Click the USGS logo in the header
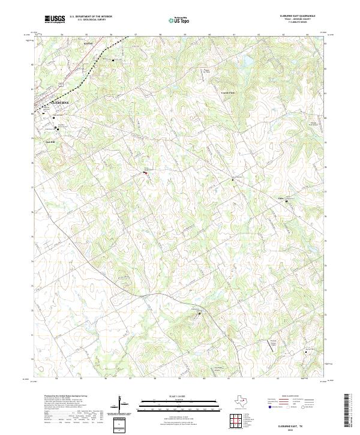pyautogui.click(x=55, y=19)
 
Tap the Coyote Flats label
pyautogui.click(x=228, y=93)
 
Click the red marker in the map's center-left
pyautogui.click(x=145, y=172)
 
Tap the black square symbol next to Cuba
pyautogui.click(x=286, y=201)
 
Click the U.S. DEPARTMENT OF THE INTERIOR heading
pyautogui.click(x=91, y=16)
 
